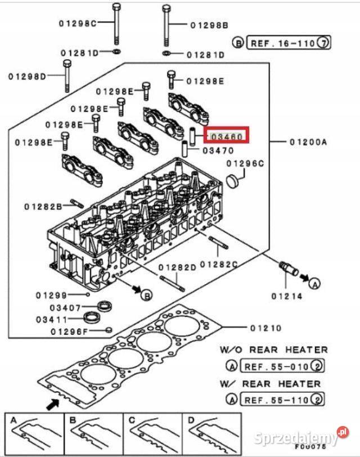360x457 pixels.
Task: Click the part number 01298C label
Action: coord(78,23)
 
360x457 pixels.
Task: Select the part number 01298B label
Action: coord(209,25)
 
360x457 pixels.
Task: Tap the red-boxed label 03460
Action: coord(226,136)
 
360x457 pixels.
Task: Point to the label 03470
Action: coord(218,151)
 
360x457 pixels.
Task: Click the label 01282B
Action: coord(43,207)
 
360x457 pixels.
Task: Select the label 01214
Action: coord(287,295)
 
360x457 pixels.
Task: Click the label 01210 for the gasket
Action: coord(265,328)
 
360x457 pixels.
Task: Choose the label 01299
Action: coord(51,295)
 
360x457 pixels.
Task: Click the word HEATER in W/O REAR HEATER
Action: coord(307,350)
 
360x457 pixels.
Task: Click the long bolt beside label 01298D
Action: coord(67,77)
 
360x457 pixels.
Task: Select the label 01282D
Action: coord(177,267)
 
